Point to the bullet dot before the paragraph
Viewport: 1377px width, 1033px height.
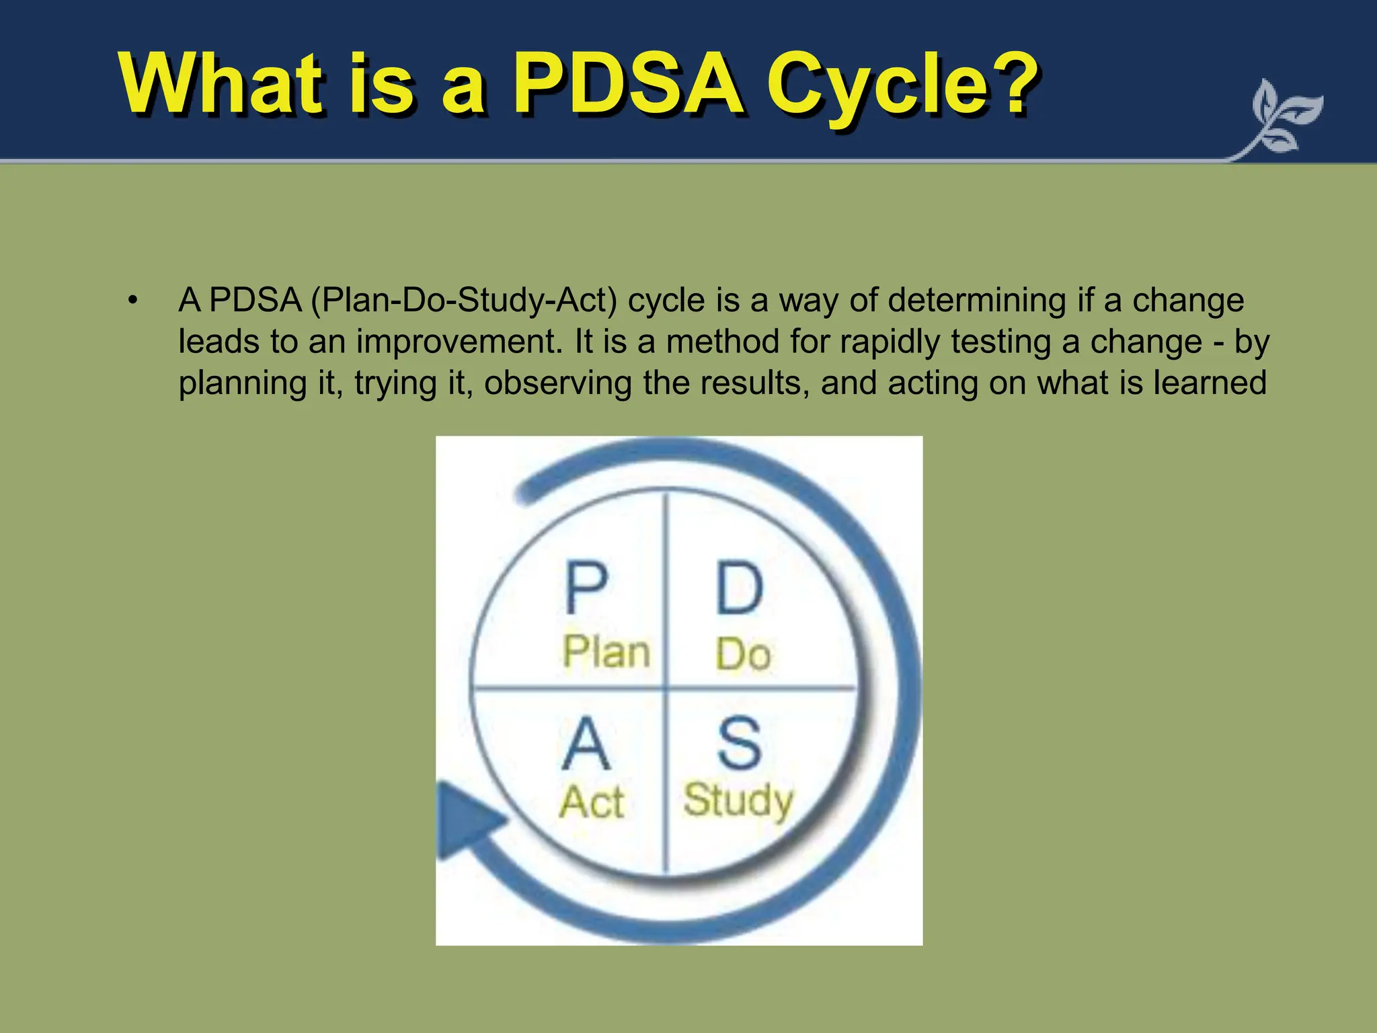click(x=133, y=300)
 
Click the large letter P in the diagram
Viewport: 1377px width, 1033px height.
click(x=586, y=588)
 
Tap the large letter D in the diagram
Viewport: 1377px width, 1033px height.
click(x=740, y=588)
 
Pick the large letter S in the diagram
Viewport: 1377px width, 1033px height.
click(x=739, y=744)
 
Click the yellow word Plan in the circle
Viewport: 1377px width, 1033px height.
click(x=606, y=652)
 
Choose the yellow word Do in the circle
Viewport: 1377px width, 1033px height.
click(x=743, y=654)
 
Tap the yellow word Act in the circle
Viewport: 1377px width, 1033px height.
click(x=592, y=802)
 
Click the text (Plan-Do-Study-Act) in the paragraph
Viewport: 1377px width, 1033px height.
click(x=464, y=300)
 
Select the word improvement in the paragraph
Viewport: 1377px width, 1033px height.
click(x=458, y=342)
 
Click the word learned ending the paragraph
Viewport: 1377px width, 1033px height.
click(x=1210, y=383)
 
